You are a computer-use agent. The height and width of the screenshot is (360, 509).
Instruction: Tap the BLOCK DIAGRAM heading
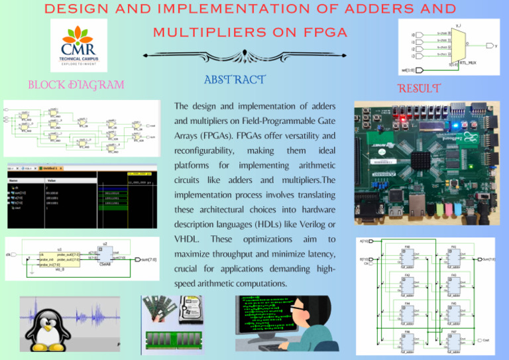point(74,85)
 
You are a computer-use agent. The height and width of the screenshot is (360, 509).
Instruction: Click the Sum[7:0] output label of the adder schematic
point(489,259)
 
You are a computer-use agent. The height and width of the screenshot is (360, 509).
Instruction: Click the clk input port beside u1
point(9,254)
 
